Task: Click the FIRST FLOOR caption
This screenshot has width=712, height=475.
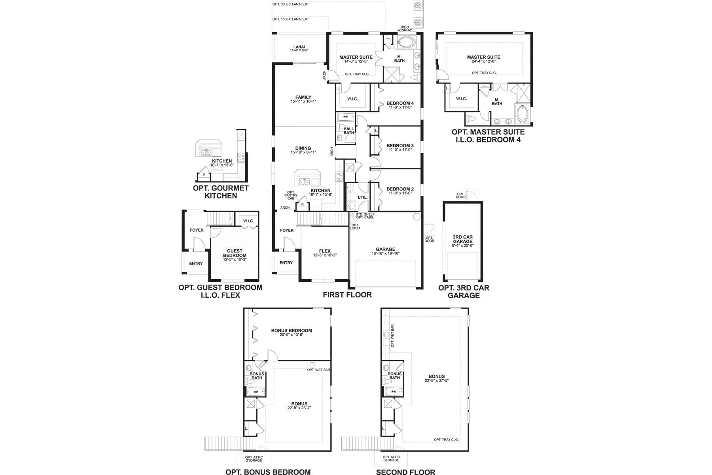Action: point(347,294)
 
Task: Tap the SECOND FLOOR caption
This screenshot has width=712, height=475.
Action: point(405,472)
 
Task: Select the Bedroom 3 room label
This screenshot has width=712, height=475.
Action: point(400,146)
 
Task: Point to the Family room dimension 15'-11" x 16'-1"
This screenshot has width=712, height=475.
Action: point(303,102)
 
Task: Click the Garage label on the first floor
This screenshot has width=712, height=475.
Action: point(385,249)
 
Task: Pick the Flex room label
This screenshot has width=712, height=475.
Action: point(324,251)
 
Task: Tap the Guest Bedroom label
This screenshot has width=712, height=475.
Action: point(235,253)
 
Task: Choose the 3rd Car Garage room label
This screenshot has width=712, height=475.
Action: point(462,239)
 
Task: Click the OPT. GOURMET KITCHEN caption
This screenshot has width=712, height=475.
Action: point(221,192)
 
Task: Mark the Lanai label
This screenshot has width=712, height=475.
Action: point(299,47)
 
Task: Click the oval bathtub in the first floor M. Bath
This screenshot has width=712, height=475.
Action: point(405,41)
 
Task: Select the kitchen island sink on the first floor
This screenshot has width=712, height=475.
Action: point(304,181)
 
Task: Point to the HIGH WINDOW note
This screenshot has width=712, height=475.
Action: point(405,28)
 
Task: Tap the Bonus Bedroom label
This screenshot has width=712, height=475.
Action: point(292,331)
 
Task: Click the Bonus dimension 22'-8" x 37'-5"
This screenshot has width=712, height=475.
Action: point(436,380)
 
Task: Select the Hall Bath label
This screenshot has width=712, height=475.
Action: point(348,131)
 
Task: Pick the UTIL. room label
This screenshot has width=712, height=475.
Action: point(362,197)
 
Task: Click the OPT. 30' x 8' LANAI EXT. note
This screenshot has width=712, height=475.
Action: point(291,4)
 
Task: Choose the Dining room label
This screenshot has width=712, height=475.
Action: point(303,148)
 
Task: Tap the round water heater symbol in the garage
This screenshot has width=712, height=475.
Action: point(416,217)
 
